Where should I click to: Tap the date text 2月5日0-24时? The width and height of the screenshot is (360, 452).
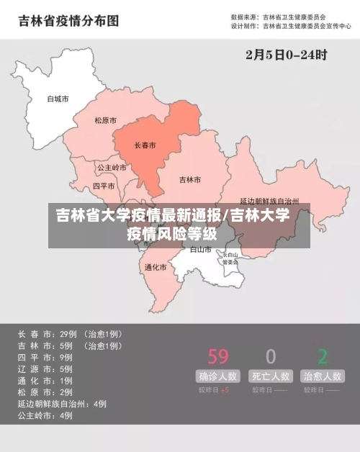click(x=286, y=54)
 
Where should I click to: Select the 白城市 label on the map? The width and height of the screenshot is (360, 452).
click(x=58, y=99)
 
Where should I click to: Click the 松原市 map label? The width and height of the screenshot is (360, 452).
click(x=105, y=121)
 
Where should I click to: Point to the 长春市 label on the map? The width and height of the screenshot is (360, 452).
click(x=145, y=145)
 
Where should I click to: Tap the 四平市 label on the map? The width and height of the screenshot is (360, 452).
click(x=104, y=186)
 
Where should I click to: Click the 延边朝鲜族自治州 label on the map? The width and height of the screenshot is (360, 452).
click(x=269, y=201)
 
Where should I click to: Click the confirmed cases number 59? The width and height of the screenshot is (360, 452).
click(x=217, y=356)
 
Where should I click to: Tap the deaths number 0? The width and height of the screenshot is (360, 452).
click(x=271, y=356)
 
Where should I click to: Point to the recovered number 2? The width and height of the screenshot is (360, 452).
click(x=323, y=356)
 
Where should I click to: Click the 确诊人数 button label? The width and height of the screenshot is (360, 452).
click(x=218, y=376)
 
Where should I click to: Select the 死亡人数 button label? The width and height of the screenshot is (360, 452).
click(x=271, y=376)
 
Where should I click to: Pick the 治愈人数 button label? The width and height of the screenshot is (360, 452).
click(x=322, y=376)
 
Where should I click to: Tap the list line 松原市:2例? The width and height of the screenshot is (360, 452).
click(x=45, y=392)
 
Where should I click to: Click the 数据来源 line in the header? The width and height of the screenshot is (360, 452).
click(x=278, y=17)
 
